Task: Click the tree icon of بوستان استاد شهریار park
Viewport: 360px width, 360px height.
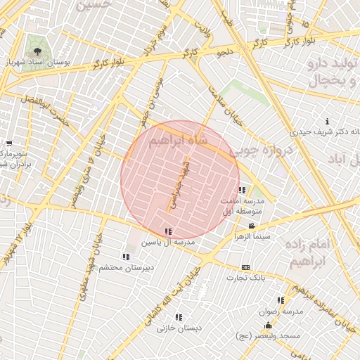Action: point(37,51)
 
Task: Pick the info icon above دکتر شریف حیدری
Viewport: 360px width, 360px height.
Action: point(327,122)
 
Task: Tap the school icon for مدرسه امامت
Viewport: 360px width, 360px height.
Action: point(242,191)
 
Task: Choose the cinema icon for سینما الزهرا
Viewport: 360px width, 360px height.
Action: point(252,226)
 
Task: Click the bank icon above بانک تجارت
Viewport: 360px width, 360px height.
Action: point(245,267)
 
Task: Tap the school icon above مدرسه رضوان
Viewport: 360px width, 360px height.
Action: point(281,300)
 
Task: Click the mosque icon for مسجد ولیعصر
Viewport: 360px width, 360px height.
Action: point(268,326)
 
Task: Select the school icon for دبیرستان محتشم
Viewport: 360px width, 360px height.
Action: point(126,257)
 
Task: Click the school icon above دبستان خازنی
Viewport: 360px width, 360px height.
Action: point(179,317)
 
